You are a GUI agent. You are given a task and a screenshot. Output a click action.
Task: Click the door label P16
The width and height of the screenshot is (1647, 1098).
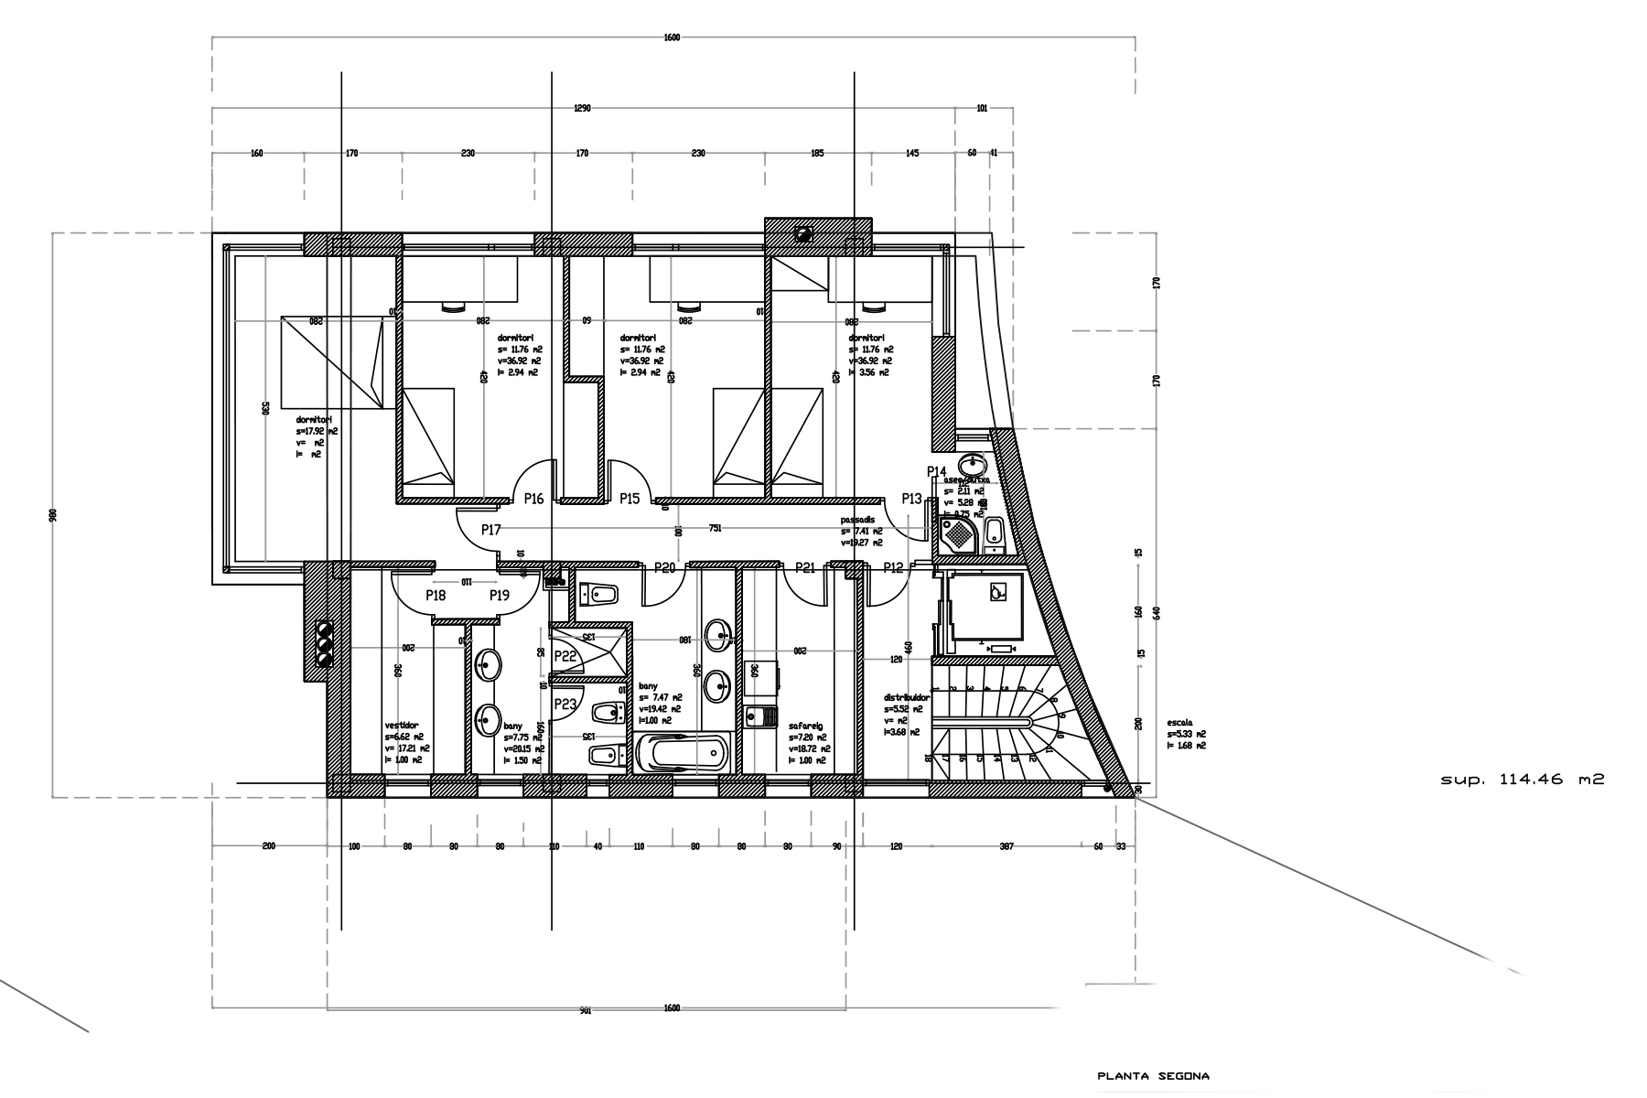coord(533,499)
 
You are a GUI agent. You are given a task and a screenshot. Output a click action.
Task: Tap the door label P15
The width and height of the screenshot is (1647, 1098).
coord(630,499)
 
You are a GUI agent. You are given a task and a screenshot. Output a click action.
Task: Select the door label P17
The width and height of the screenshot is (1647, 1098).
coord(491,530)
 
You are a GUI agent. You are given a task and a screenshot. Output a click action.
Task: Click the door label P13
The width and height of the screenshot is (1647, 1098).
coord(911,499)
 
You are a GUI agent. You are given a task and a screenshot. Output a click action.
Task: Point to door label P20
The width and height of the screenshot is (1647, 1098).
coord(664,568)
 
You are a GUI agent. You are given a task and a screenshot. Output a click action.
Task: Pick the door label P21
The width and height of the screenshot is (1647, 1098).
coord(805,568)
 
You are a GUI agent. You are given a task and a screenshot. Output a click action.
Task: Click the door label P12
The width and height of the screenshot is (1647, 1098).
coord(893,568)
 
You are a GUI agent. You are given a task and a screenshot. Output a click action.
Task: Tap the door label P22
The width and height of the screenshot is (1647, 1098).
coord(565,656)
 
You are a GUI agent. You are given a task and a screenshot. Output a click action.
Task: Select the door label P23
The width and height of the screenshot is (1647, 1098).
coord(565,704)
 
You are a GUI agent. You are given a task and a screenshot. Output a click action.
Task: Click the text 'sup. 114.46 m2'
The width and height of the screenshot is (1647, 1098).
coord(1523,780)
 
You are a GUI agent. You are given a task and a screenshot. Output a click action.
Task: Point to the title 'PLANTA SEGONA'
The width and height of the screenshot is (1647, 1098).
coord(1153,1076)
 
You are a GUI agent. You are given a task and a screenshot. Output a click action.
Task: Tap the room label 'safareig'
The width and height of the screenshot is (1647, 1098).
coord(806,726)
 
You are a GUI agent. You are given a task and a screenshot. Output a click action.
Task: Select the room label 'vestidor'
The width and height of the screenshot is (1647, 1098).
coord(402,725)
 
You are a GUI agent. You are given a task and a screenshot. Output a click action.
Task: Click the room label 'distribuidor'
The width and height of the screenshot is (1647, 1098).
coord(907,697)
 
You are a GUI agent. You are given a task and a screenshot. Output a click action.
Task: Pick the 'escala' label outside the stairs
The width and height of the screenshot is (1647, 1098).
coord(1179,721)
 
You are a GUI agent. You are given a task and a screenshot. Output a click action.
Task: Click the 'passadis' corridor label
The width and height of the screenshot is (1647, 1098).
coord(858,520)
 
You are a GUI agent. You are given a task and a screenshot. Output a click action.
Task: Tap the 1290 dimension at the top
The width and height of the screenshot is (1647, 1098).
coord(582,108)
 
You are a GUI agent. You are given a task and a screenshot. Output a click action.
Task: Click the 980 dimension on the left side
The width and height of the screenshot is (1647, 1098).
coord(53,515)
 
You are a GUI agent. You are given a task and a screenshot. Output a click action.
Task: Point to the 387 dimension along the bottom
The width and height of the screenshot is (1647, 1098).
coord(1006,846)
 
